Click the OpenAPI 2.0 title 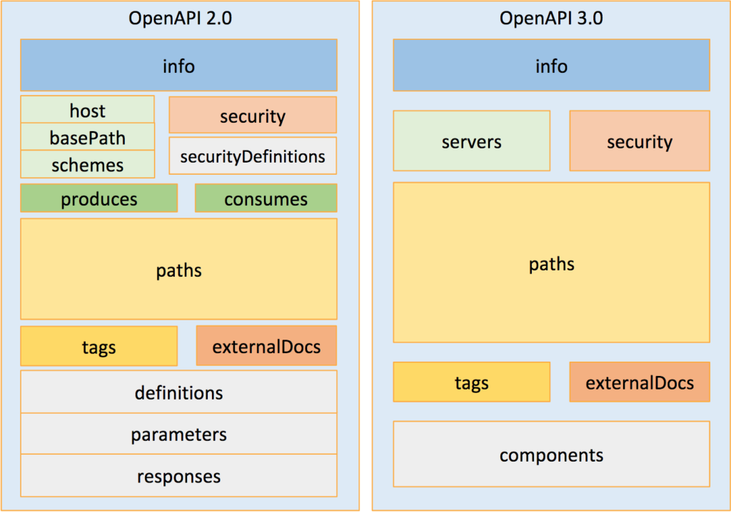tap(179, 18)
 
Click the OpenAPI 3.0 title tap(551, 18)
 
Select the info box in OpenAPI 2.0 tap(178, 66)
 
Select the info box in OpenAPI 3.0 tap(551, 66)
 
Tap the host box tap(87, 110)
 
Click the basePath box tap(87, 137)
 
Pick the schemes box tap(87, 165)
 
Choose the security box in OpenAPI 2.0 tap(252, 116)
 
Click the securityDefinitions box tap(252, 156)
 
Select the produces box tap(99, 198)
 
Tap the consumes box tap(266, 198)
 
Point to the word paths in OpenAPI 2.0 tap(178, 270)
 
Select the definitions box tap(178, 392)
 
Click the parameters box tap(178, 434)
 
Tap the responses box tap(178, 476)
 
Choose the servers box tap(471, 141)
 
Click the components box tap(551, 454)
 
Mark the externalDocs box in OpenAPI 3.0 tap(639, 382)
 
